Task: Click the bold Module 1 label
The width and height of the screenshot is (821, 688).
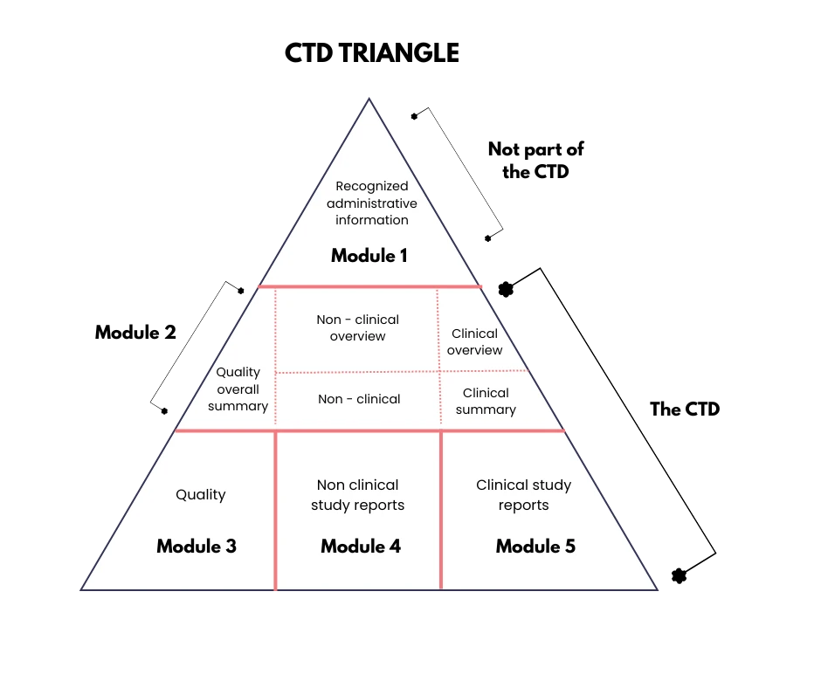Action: coord(369,256)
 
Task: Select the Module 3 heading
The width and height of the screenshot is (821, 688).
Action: coord(197,547)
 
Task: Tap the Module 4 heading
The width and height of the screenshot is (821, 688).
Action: coord(361,547)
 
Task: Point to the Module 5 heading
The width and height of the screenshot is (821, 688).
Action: coord(535,547)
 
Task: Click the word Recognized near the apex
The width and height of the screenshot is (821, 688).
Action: coord(372,186)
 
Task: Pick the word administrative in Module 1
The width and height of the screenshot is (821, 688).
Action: coord(372,203)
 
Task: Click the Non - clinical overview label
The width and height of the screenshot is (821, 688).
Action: coord(358,328)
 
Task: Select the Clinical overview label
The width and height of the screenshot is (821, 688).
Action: coord(475,341)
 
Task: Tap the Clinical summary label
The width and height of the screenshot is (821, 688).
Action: coord(486,401)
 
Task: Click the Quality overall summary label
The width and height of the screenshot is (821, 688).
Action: coord(238,389)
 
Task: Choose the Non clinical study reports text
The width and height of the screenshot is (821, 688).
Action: coord(358,495)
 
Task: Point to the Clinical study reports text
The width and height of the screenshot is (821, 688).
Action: coord(524,495)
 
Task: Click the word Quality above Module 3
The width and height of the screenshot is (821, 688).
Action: coord(201,495)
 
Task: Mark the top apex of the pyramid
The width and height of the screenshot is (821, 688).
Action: coord(369,100)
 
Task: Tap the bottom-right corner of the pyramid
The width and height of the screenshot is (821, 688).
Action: coord(656,590)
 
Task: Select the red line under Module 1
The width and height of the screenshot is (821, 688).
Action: coord(370,286)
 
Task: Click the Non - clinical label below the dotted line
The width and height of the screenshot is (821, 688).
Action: coord(359,399)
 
